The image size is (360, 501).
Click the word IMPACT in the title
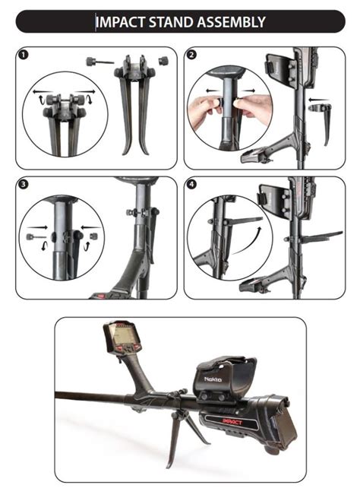tap(120, 22)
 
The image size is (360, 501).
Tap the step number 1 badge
tap(24, 55)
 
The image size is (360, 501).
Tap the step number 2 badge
tap(191, 55)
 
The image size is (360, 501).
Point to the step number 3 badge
tap(24, 185)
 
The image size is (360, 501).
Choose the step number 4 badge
tap(191, 185)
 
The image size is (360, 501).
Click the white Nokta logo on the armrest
tap(213, 379)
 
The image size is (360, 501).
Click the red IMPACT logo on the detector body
tap(232, 422)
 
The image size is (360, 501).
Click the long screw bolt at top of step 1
tap(100, 61)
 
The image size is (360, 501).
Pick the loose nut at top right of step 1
tap(163, 60)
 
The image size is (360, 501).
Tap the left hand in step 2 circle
tap(204, 110)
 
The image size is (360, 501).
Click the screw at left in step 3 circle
tap(36, 236)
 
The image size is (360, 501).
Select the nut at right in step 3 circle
tap(94, 236)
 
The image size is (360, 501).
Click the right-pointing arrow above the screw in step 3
tap(37, 227)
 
